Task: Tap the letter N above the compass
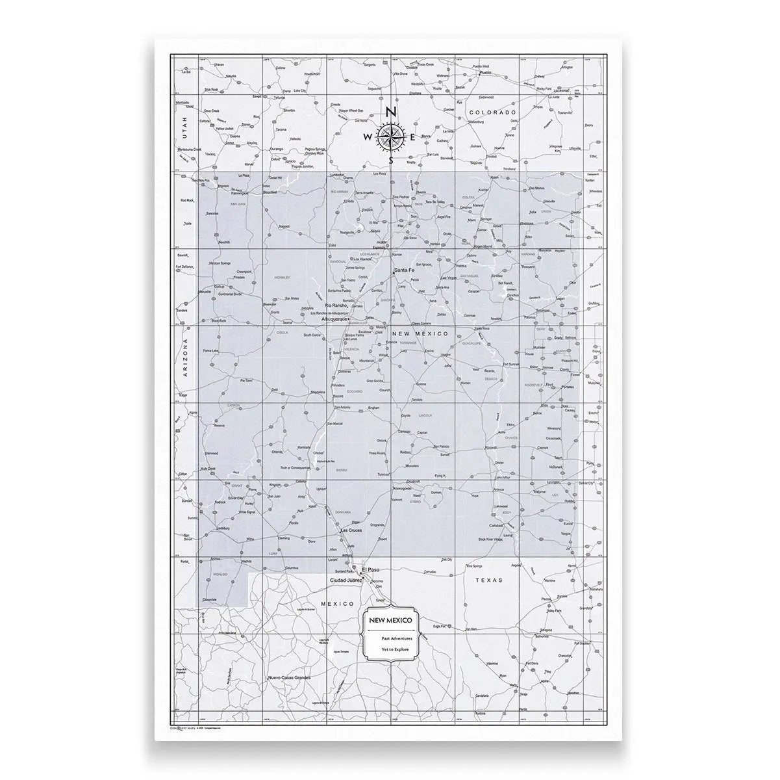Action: point(390,112)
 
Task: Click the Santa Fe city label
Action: point(403,270)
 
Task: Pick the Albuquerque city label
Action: point(336,320)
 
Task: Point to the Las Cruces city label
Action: point(351,531)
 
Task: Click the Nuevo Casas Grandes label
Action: point(289,678)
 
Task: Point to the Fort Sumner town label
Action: point(510,364)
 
